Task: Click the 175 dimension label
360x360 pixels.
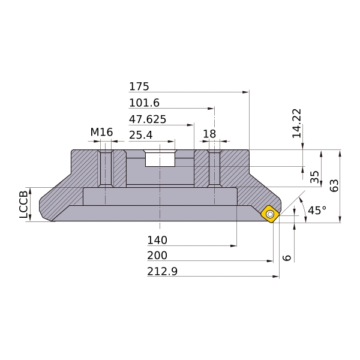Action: (139, 86)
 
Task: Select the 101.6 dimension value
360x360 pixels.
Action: (144, 103)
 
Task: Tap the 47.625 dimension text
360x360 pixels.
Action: (148, 119)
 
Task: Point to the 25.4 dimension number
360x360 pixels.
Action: (141, 135)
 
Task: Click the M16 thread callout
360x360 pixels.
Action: (101, 132)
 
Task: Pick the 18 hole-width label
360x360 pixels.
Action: (209, 134)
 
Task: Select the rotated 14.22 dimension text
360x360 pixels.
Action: (296, 123)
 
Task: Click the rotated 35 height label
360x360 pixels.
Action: (314, 177)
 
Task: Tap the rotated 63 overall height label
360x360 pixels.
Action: (334, 185)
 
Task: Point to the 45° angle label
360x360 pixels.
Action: (317, 211)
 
